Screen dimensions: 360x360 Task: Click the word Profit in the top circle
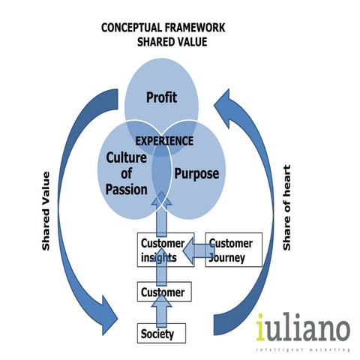(160, 97)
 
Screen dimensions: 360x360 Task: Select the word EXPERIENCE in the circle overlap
(163, 140)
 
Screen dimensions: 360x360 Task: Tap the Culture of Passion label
(127, 173)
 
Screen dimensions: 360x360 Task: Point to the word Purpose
(196, 173)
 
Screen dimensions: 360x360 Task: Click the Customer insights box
(160, 250)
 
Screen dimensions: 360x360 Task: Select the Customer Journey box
(233, 250)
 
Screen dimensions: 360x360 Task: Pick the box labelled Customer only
(160, 291)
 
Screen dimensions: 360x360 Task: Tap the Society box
(160, 333)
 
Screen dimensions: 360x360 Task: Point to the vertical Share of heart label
(286, 206)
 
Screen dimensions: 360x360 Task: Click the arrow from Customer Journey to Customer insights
(195, 250)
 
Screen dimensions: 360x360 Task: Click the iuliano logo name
(302, 328)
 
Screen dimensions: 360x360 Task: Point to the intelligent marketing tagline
(303, 349)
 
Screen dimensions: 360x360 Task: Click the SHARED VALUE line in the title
(172, 42)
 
